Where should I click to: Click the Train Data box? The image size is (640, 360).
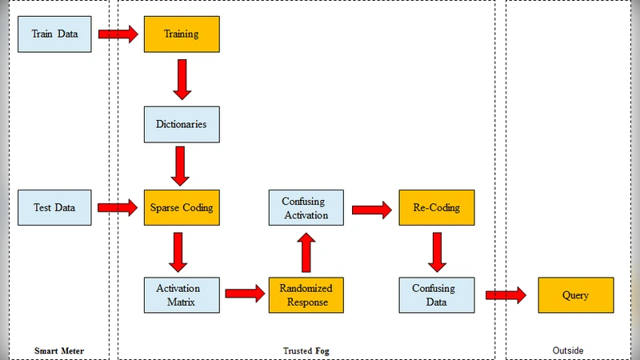point(55,34)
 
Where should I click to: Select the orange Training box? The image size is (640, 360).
point(182,34)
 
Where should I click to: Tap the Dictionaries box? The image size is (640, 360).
point(182,125)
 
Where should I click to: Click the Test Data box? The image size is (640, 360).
point(55,208)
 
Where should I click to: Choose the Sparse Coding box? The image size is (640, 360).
point(182,208)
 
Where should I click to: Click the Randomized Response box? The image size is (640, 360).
point(306,294)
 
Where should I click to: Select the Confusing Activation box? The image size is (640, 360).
point(306,208)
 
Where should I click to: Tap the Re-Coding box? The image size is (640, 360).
point(436,208)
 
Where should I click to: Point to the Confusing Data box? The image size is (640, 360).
point(436,294)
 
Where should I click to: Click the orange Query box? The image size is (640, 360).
point(575,295)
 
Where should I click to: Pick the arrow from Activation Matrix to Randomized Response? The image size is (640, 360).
point(243,294)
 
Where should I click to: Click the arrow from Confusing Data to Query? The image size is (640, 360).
point(506,295)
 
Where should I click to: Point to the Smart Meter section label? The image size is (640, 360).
point(59,350)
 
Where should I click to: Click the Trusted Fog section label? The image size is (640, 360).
point(306,350)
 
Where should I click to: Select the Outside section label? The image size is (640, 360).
point(568,350)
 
